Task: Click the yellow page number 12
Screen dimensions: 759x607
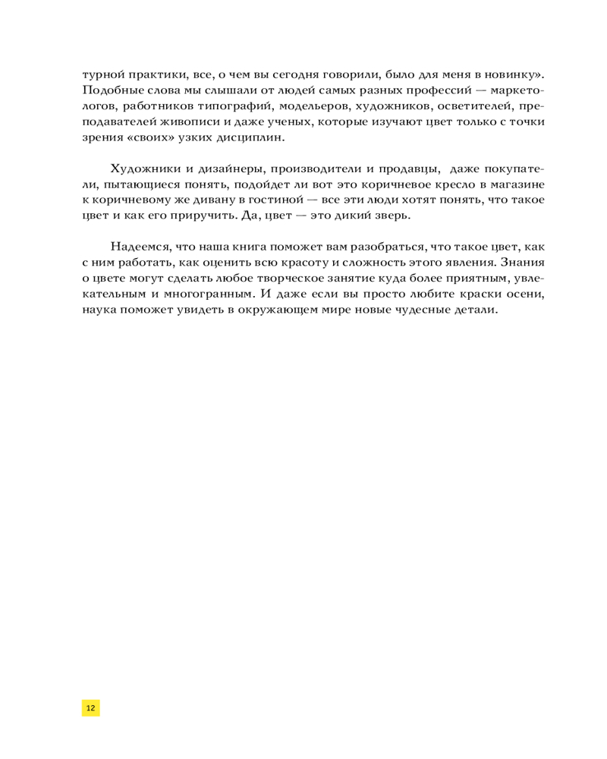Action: pyautogui.click(x=91, y=707)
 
